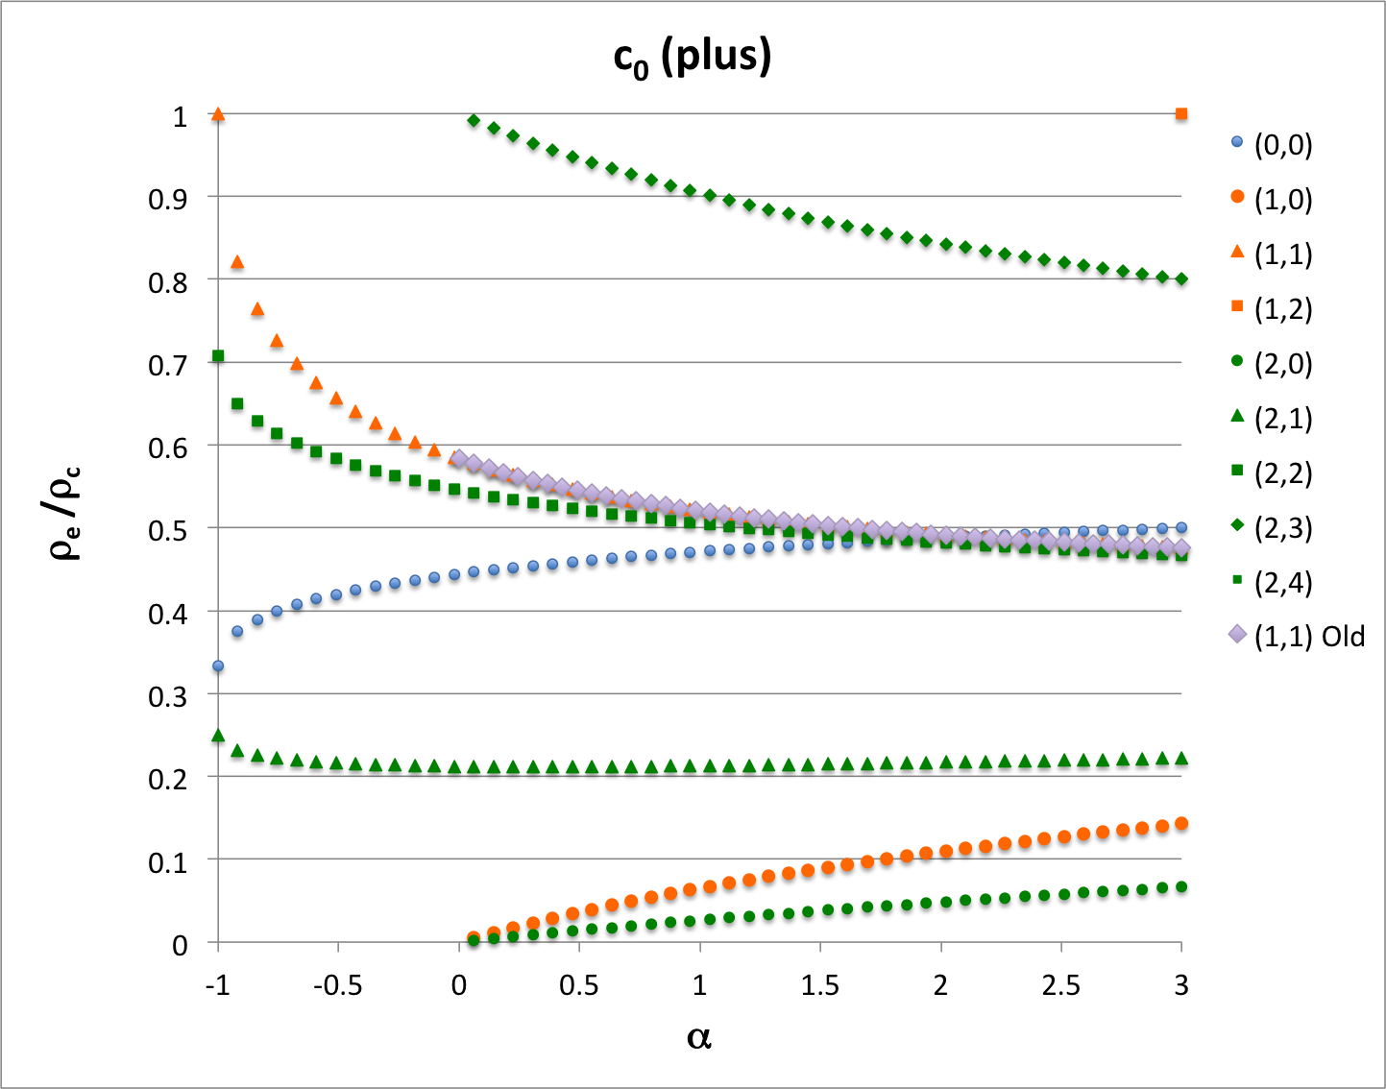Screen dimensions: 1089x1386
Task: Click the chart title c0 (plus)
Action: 693,58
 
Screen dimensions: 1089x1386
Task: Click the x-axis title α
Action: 699,1037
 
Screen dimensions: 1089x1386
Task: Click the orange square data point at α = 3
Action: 1181,114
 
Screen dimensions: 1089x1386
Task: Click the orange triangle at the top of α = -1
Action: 218,114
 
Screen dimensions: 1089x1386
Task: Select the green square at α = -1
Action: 218,356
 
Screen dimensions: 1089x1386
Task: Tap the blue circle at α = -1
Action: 218,665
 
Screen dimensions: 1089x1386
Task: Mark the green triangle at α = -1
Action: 218,736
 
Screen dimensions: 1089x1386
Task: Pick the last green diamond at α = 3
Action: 1181,279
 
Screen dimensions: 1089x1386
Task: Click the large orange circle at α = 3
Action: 1181,824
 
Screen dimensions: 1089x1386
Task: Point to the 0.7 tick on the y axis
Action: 167,365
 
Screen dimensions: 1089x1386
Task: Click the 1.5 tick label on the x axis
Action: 819,985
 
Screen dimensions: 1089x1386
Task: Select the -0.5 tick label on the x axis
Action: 338,985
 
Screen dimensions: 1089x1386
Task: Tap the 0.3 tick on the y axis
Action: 167,696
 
